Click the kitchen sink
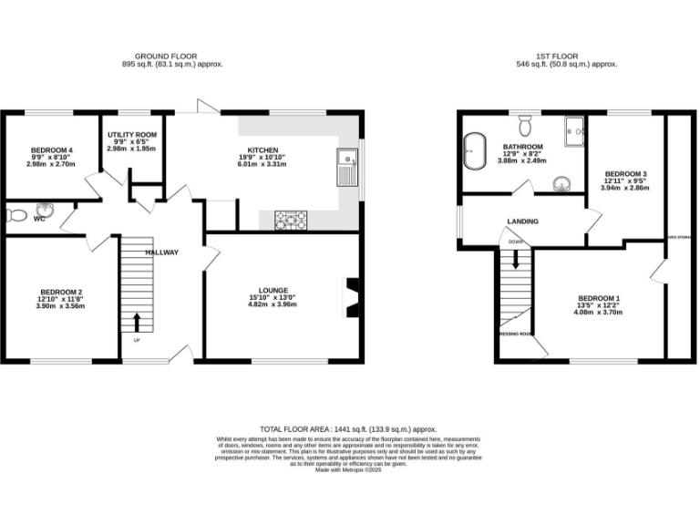[x=347, y=166]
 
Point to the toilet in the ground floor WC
[x=16, y=216]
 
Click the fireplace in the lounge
[x=350, y=297]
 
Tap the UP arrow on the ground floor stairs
[x=137, y=322]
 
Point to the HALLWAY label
[x=161, y=252]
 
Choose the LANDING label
[x=522, y=221]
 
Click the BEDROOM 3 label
[x=625, y=174]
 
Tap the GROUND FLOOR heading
[x=172, y=56]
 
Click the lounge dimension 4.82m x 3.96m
[x=273, y=305]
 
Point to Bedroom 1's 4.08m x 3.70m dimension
[x=598, y=313]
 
